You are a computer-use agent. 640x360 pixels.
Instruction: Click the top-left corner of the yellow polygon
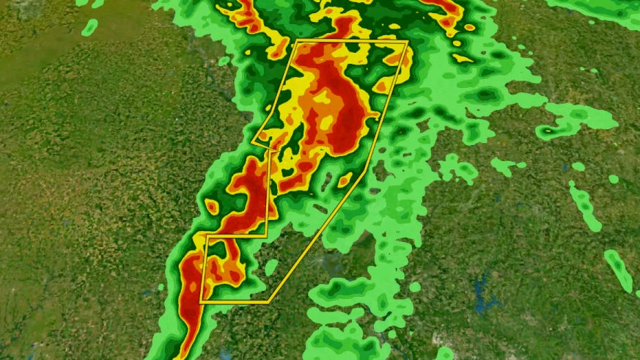pos(295,43)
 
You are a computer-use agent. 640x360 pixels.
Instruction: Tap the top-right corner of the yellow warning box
pos(406,42)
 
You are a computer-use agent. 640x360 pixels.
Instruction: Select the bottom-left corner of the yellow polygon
pos(201,301)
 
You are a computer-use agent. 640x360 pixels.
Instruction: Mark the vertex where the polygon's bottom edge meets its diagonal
pos(268,301)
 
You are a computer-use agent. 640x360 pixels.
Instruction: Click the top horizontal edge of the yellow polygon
pos(350,43)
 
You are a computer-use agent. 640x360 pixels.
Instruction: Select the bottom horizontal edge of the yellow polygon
pos(235,301)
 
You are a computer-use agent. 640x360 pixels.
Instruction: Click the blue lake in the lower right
pos(483,294)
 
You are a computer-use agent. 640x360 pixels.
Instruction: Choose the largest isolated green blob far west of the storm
pos(89,28)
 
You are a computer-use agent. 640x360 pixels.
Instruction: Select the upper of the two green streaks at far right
pos(585,205)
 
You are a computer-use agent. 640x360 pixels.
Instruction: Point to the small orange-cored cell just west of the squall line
pos(211,207)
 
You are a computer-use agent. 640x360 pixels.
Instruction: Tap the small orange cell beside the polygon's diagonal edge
pos(344,179)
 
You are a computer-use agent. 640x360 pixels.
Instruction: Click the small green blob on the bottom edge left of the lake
pos(444,353)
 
